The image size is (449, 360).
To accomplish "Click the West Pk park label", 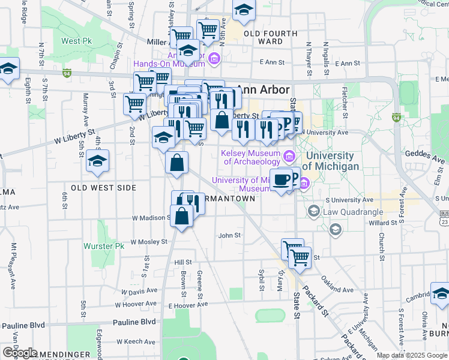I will pos(75,41).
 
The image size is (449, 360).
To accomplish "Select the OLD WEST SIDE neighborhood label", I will pos(103,188).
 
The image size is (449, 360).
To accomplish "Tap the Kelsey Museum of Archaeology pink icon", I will pos(289,157).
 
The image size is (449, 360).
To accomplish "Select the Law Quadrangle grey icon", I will pos(313,211).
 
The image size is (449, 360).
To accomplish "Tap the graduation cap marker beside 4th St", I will pos(97,160).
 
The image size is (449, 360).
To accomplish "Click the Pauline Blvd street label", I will pos(23,325).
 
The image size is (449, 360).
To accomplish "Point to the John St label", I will pos(229,236).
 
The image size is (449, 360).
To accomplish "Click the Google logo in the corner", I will pos(20,353).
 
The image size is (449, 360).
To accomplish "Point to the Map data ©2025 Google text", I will pos(411,355).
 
